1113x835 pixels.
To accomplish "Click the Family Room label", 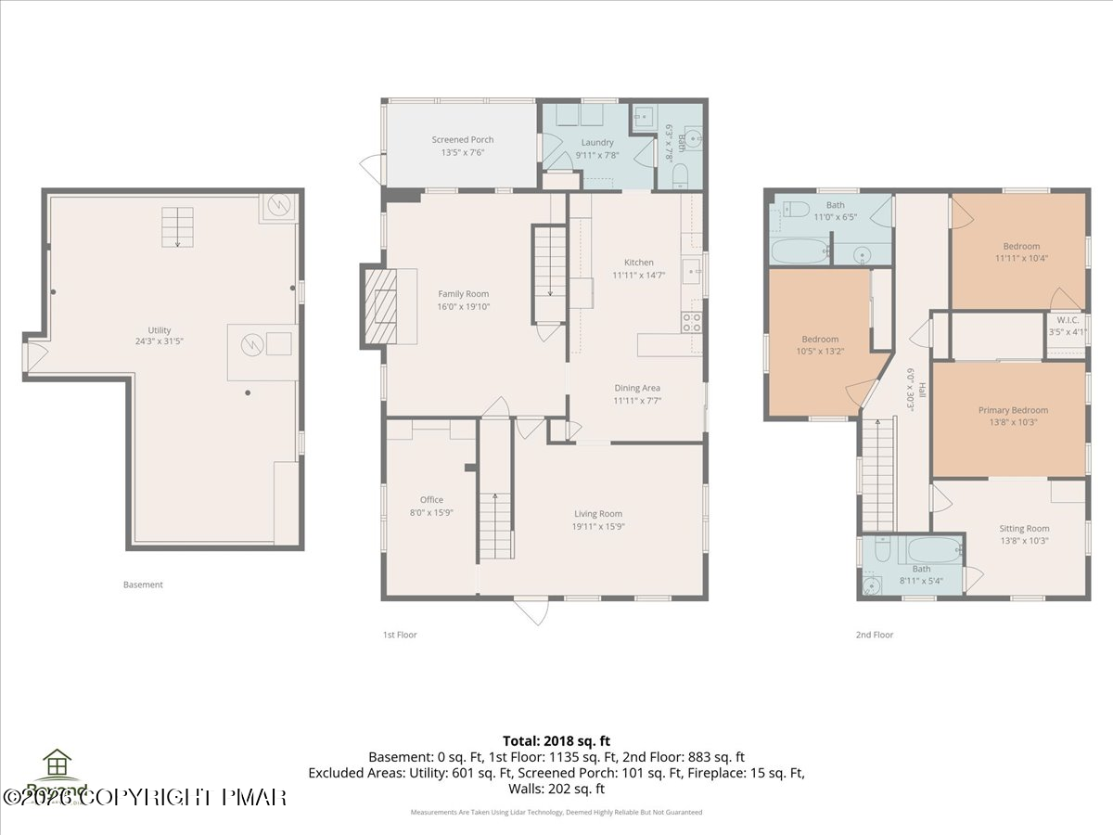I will [463, 294].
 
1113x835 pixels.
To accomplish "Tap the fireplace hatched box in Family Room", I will [380, 305].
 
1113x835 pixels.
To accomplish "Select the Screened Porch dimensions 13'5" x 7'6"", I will [462, 153].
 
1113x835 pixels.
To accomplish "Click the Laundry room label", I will [597, 143].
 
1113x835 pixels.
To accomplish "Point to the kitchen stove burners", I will [692, 322].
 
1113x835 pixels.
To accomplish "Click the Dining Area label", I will [637, 389].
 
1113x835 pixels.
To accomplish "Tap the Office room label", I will [431, 500].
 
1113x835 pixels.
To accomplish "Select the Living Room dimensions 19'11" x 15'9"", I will [598, 526].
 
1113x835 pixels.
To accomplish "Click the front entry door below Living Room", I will [531, 611].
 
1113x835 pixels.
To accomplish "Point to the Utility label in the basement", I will [160, 330].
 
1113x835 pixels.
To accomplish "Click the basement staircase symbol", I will [177, 226].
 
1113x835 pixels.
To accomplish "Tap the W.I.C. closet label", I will [1066, 319].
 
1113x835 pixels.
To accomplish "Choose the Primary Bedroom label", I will [1013, 410].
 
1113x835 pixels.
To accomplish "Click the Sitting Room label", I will [1024, 529].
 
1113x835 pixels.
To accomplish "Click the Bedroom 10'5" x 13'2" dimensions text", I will [820, 351].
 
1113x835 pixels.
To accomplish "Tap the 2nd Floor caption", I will [874, 636].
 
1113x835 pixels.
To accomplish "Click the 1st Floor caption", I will [400, 636].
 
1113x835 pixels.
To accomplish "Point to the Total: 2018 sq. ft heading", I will [556, 740].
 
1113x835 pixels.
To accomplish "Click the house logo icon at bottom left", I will [58, 764].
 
